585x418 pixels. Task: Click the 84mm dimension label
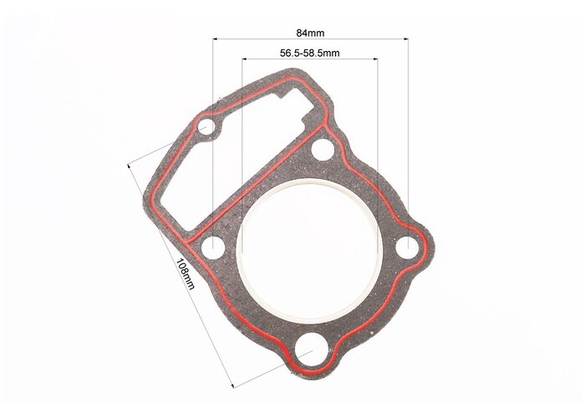[310, 33]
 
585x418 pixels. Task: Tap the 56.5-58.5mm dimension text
[310, 53]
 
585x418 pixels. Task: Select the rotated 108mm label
[185, 274]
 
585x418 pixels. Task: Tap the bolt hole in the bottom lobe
[313, 349]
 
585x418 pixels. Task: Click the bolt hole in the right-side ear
[408, 247]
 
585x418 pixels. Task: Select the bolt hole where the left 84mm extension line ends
[213, 247]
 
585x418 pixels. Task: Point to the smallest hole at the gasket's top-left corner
[206, 127]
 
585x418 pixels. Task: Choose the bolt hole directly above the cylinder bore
[323, 150]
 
